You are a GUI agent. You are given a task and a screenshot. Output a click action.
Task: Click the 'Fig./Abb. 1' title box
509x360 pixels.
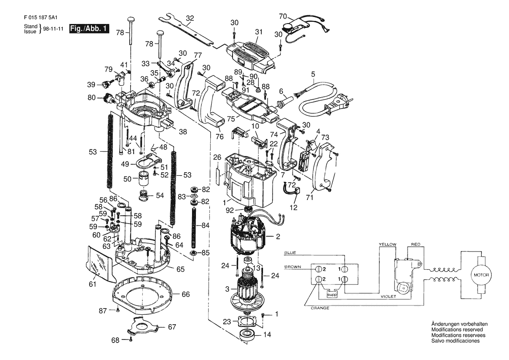click(x=89, y=29)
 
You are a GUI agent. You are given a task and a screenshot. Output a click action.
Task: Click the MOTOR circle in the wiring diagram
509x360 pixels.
click(x=481, y=275)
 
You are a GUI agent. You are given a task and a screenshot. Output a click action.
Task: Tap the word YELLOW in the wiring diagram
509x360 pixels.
click(x=388, y=245)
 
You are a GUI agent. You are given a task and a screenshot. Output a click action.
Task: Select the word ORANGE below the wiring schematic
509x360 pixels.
click(x=320, y=308)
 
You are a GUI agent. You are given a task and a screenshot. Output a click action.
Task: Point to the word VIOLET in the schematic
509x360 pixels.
click(x=388, y=296)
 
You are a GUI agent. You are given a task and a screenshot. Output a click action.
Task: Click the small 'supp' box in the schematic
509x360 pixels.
click(x=332, y=294)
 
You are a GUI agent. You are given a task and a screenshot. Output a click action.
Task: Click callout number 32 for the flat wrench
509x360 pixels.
click(x=190, y=18)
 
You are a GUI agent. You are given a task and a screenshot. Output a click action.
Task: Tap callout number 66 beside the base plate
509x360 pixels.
click(x=185, y=294)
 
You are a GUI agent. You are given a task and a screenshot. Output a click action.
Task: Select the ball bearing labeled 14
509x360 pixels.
click(x=248, y=335)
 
